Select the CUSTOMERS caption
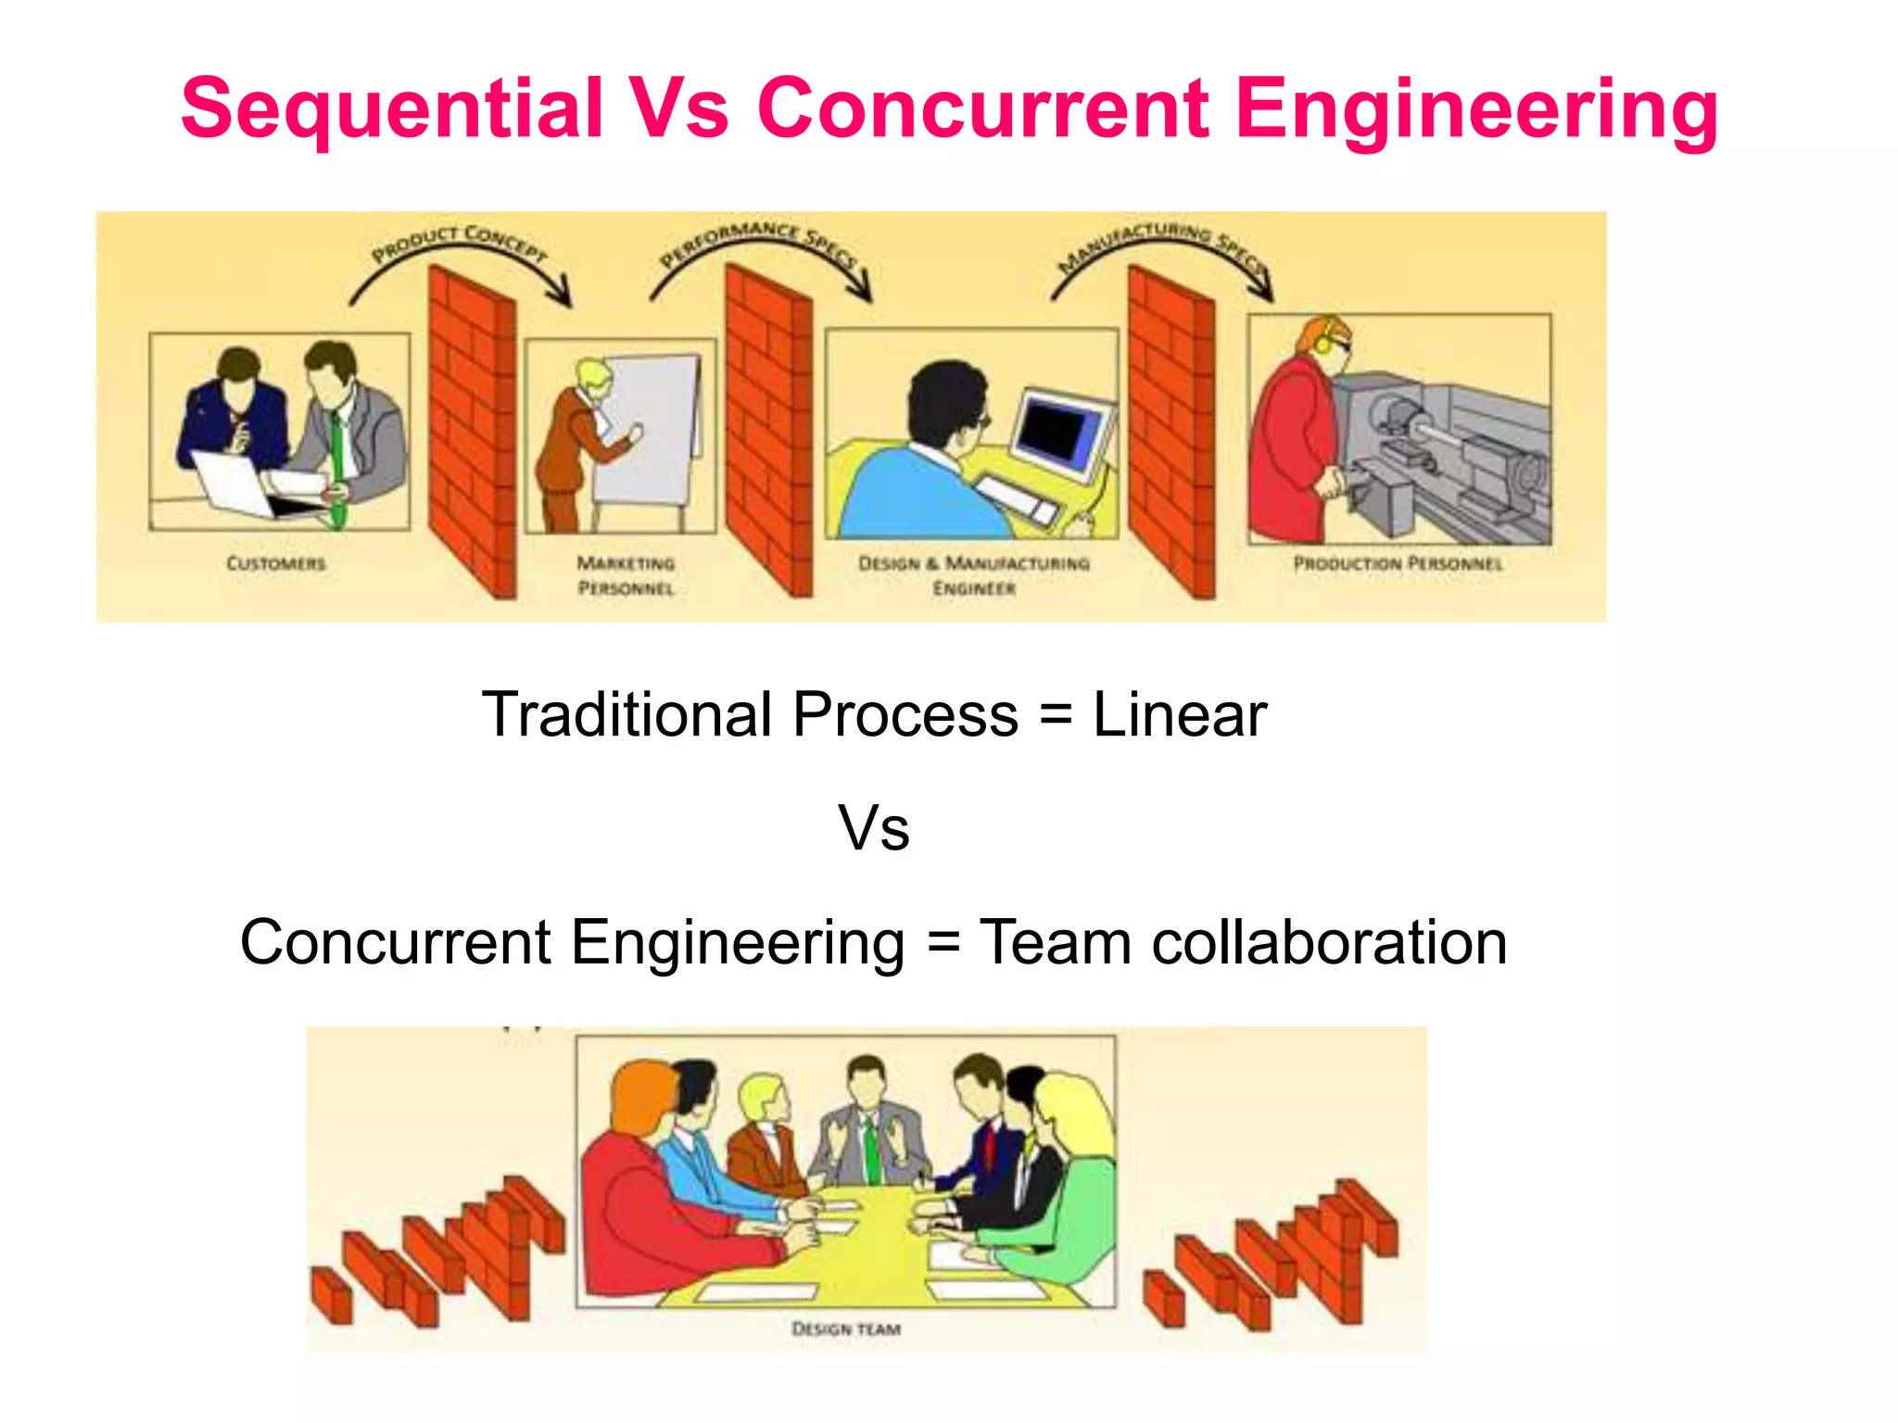point(276,563)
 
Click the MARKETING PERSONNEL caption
point(626,575)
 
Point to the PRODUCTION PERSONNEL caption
point(1398,563)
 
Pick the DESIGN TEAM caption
point(846,1329)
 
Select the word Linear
point(1179,715)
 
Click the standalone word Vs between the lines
point(874,828)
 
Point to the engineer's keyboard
point(1017,498)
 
